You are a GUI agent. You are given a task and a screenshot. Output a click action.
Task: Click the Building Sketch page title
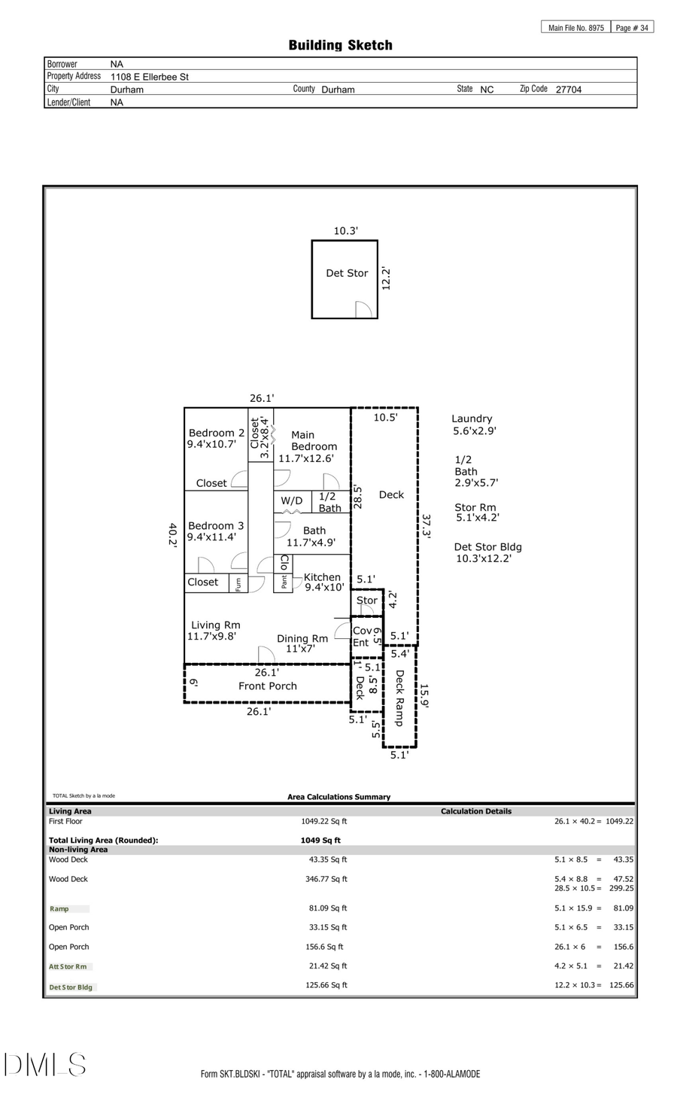coord(340,45)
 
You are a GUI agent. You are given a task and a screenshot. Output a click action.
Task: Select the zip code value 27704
coord(568,90)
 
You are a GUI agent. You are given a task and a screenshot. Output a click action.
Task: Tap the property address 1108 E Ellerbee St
coord(150,77)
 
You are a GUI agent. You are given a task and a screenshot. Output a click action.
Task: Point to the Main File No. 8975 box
coord(575,28)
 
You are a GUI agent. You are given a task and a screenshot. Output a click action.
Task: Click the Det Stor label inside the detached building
coord(347,273)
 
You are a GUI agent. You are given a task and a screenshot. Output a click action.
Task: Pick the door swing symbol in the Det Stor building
coord(363,309)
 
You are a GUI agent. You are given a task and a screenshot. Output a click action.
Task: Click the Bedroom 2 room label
coord(216,433)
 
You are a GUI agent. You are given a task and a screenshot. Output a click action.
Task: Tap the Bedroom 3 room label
coord(215,526)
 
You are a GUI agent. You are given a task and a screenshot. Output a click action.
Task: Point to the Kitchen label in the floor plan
coord(322,577)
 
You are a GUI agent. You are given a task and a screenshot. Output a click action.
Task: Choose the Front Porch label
coord(267,686)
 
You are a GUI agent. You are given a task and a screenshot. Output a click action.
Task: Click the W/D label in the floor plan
coord(292,501)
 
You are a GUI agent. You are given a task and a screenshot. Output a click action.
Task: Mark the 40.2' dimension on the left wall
coord(173,535)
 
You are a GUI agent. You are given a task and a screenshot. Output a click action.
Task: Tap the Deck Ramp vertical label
coord(399,698)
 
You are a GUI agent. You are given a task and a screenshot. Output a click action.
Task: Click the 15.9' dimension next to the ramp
coord(424,696)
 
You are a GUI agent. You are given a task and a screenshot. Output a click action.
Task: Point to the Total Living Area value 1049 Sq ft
coord(320,841)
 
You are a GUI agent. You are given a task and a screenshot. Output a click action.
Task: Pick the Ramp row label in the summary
coord(59,909)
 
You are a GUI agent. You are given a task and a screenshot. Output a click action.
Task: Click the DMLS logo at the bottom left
coord(45,1065)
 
